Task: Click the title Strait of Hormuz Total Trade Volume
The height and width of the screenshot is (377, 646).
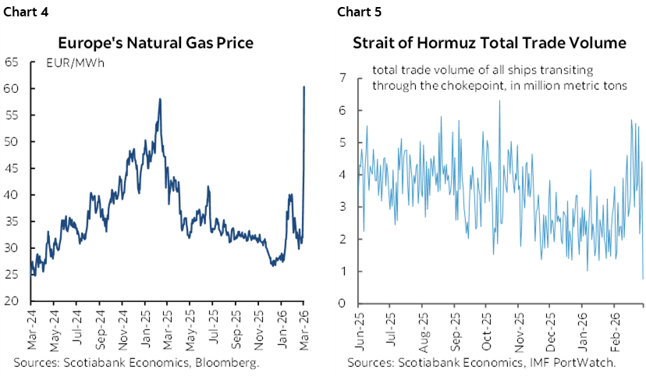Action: (489, 44)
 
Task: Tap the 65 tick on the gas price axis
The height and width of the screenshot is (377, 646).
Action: (12, 62)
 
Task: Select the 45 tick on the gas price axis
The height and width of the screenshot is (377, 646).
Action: (12, 168)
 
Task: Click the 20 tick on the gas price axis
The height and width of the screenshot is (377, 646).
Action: (12, 301)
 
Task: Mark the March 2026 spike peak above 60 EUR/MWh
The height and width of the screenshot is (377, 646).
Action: (303, 87)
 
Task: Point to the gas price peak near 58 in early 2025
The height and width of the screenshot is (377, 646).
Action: (160, 99)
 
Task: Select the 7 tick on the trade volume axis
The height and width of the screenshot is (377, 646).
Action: (342, 78)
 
